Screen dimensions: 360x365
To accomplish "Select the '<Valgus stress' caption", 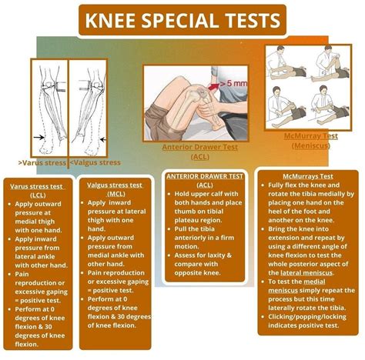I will [x=95, y=162].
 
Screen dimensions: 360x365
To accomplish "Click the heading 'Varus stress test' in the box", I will [x=36, y=186].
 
